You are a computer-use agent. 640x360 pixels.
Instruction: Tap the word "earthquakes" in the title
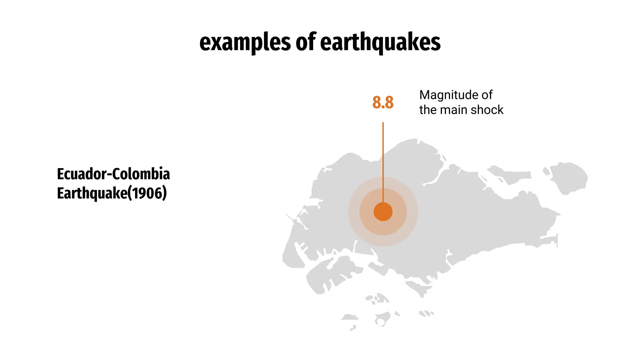coord(380,42)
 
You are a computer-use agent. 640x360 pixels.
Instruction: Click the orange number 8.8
coord(383,102)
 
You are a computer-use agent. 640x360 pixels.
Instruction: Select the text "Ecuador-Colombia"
coord(113,174)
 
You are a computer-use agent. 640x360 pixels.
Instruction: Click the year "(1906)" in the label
coord(147,193)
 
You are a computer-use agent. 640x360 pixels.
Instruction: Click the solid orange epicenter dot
coord(383,212)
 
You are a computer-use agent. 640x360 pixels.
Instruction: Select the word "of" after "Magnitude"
coord(487,95)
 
